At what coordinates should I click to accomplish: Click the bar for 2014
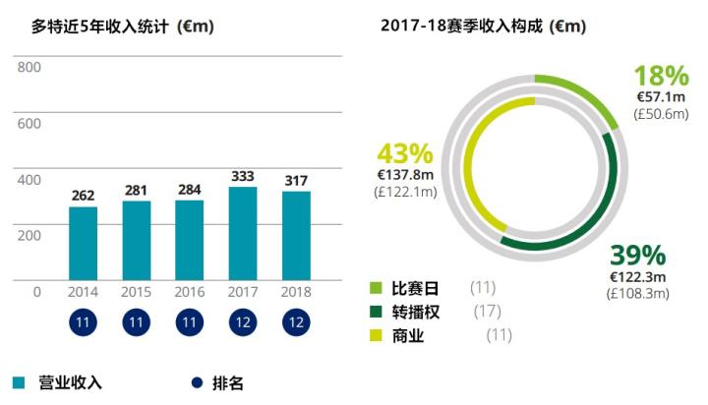[x=83, y=243]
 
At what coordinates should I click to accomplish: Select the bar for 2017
[x=243, y=233]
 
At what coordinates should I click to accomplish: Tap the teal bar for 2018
[x=296, y=236]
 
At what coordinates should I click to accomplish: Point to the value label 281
[x=137, y=190]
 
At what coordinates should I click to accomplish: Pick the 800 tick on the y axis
[x=29, y=67]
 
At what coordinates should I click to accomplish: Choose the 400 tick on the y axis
[x=29, y=179]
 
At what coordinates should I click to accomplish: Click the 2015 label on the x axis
[x=137, y=293]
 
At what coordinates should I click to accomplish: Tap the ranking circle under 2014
[x=84, y=322]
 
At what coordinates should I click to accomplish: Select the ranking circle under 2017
[x=243, y=322]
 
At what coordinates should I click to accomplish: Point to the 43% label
[x=405, y=154]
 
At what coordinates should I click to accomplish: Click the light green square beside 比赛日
[x=375, y=288]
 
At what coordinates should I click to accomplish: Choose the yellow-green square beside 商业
[x=375, y=335]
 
